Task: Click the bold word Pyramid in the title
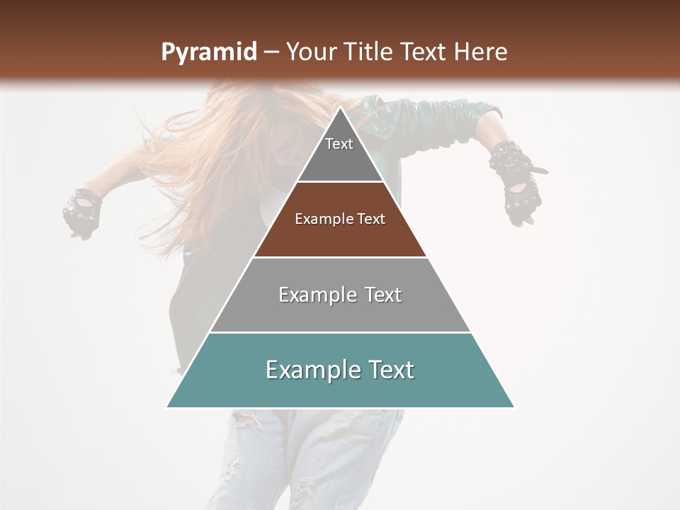tap(208, 52)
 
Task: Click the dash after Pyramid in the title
tap(271, 53)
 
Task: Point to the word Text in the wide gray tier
tap(381, 295)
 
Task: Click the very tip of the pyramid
tap(341, 108)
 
